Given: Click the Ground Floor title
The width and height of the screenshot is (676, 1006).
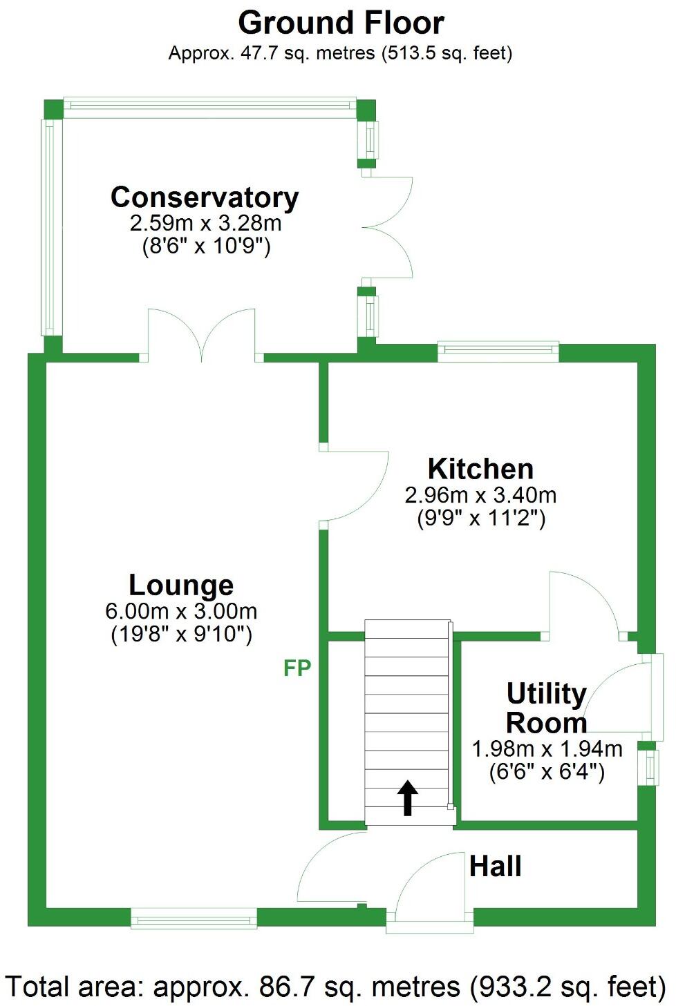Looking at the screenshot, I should [341, 23].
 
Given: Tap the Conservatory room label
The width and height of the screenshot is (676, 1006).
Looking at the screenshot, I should [205, 197].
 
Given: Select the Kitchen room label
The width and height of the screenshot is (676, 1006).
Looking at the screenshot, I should [480, 469].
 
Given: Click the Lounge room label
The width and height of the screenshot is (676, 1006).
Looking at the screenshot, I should [181, 585].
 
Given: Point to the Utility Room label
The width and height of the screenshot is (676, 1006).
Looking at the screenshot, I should [546, 708].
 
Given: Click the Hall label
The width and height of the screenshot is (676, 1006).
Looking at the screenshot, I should [495, 866].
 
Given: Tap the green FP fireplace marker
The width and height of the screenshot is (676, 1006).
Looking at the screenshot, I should [297, 668].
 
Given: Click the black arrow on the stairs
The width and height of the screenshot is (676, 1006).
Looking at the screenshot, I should [408, 797].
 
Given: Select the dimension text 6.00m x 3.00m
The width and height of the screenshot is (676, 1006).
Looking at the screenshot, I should [181, 611].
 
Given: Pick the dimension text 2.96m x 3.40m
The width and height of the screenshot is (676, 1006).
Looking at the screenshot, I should [480, 495].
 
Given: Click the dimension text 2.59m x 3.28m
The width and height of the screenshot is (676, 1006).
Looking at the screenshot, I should [205, 223].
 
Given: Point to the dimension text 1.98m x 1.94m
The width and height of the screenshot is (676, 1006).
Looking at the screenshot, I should [547, 748].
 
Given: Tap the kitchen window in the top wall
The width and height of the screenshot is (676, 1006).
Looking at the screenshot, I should [498, 351].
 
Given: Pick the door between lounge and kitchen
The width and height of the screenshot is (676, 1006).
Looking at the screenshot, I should [354, 485].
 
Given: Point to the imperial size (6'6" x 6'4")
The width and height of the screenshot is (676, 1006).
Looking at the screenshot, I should [547, 771].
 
